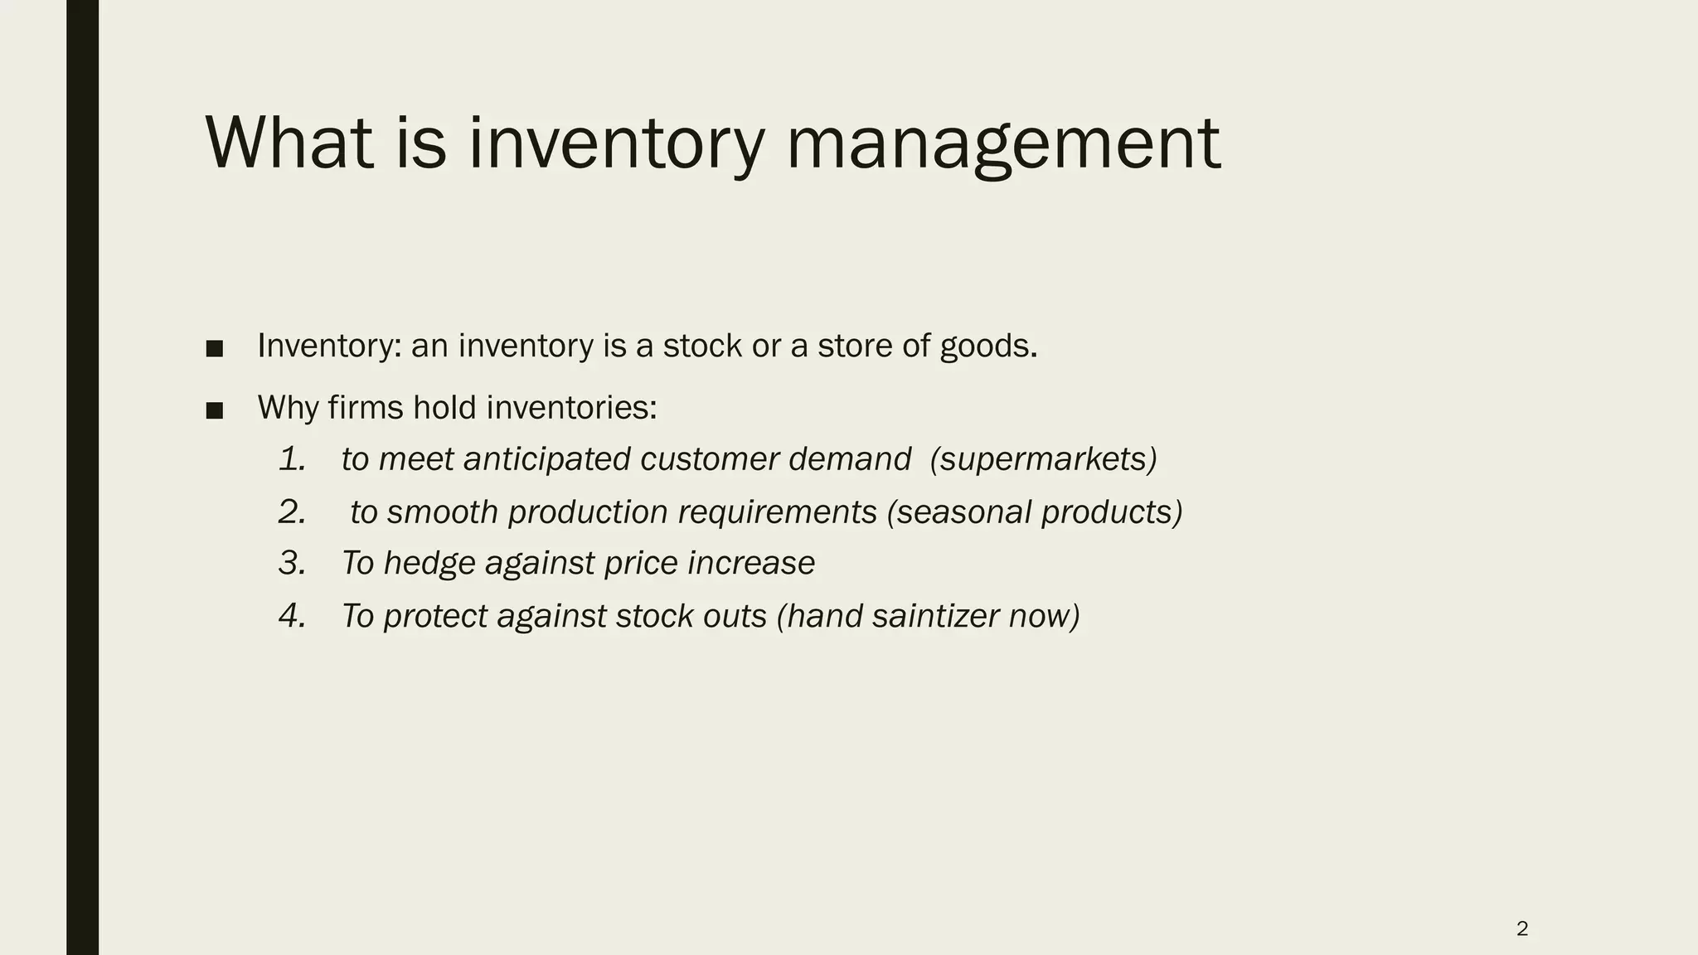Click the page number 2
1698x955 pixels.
1522,928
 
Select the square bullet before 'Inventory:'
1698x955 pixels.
215,348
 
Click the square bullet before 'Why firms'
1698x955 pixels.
215,410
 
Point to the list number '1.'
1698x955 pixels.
293,459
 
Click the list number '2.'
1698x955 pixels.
293,512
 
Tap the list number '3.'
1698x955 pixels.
293,564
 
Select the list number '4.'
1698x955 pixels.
293,616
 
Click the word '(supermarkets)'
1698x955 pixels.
1043,459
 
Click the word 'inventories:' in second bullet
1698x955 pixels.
571,408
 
